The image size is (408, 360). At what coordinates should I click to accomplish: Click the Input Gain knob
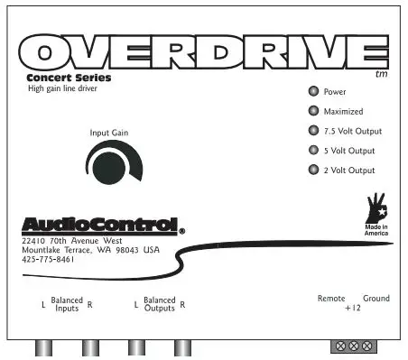pyautogui.click(x=106, y=165)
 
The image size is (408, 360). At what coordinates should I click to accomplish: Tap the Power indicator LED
pyautogui.click(x=312, y=92)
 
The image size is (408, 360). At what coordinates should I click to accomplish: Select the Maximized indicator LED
pyautogui.click(x=312, y=112)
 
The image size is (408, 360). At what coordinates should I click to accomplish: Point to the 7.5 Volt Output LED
pyautogui.click(x=312, y=132)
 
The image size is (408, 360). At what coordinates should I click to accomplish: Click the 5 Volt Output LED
pyautogui.click(x=312, y=151)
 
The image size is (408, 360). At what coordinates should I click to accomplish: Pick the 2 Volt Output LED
pyautogui.click(x=312, y=171)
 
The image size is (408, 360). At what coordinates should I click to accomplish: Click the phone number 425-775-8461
pyautogui.click(x=47, y=260)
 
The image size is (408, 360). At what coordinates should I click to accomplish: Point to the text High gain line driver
pyautogui.click(x=63, y=88)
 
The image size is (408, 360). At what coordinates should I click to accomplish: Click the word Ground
pyautogui.click(x=376, y=298)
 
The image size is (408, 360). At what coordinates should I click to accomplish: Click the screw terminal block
pyautogui.click(x=353, y=346)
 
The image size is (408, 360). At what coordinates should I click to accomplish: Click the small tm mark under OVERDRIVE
pyautogui.click(x=378, y=75)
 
